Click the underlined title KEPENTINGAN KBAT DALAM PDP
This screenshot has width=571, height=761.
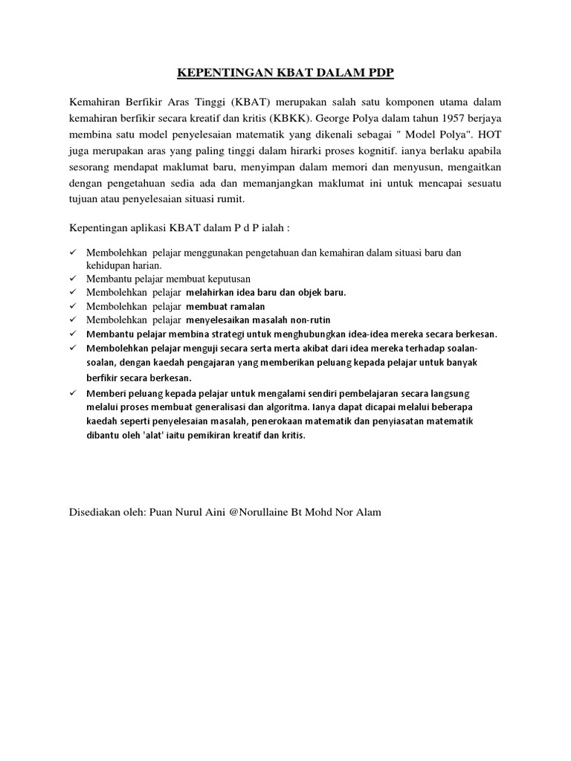(x=285, y=74)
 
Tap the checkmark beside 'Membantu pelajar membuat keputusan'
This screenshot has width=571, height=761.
(x=73, y=279)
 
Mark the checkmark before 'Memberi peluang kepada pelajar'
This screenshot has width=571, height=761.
(x=73, y=392)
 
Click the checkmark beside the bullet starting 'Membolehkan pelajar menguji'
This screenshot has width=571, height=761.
(x=73, y=348)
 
